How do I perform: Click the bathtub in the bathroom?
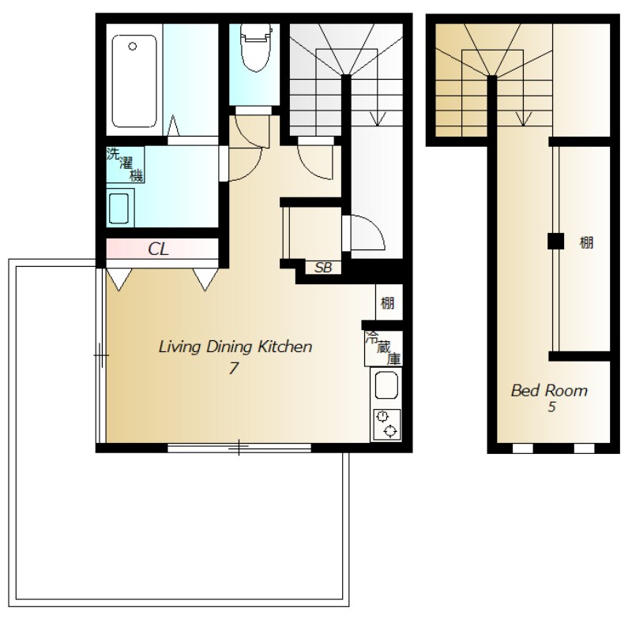[134, 81]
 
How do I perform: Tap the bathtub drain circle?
[132, 47]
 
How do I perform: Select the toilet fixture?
[255, 47]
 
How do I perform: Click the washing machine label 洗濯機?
[125, 165]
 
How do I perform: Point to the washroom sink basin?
[119, 208]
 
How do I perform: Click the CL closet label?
[158, 249]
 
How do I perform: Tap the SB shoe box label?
[323, 268]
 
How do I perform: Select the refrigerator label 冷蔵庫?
[383, 348]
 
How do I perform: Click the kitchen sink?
[386, 385]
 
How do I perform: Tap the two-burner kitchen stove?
[387, 424]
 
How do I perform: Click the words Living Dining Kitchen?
[235, 347]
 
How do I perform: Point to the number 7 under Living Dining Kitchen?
[233, 368]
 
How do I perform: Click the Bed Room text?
[549, 391]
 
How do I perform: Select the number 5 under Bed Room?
[551, 407]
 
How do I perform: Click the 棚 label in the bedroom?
[586, 243]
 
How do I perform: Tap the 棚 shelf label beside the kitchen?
[387, 303]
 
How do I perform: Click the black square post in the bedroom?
[555, 242]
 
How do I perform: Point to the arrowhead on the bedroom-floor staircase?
[523, 119]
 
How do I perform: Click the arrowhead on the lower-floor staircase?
[378, 119]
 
